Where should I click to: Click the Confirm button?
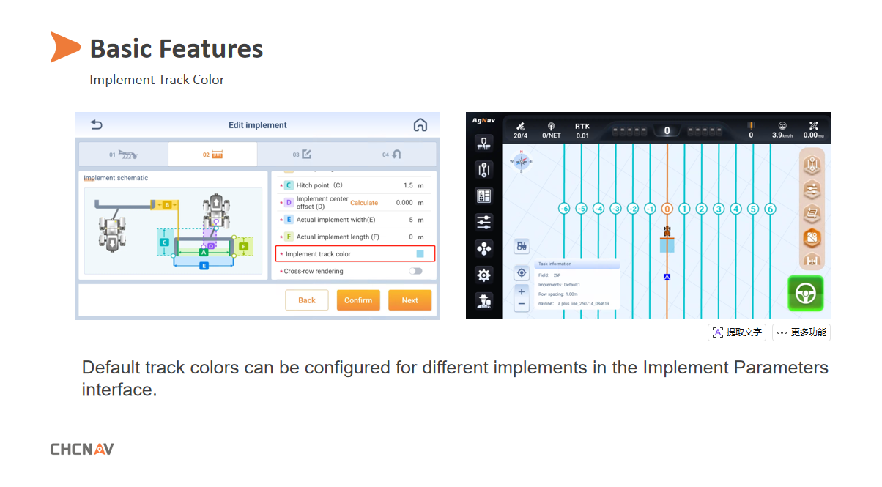tap(358, 300)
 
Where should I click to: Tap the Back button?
tap(307, 300)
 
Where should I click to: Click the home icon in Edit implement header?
tap(420, 125)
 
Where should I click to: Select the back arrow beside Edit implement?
tap(96, 125)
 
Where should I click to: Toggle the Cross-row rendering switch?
tap(416, 271)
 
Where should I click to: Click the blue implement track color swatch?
tap(420, 254)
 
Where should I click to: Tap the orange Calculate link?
tap(364, 203)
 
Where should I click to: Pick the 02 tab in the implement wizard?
tap(212, 155)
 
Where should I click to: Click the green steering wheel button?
tap(805, 293)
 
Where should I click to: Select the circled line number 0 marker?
tap(667, 209)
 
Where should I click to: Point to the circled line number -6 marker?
tap(564, 209)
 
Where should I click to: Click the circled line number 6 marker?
tap(770, 209)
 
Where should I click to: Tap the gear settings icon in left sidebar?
tap(483, 275)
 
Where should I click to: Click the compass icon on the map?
tap(522, 161)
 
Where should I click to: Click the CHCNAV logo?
tap(82, 449)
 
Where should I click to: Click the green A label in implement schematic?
tap(204, 252)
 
